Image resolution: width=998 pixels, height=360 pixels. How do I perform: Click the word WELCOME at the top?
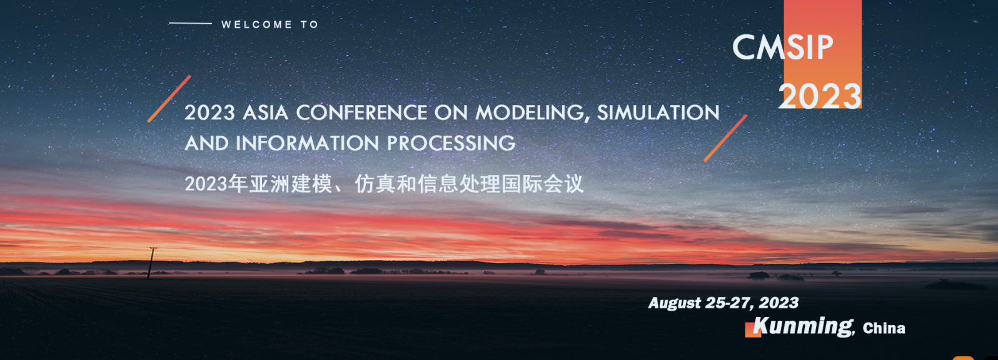point(256,25)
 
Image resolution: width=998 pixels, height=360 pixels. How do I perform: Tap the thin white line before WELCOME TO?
point(190,23)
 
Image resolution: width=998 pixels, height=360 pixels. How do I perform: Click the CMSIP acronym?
point(782,47)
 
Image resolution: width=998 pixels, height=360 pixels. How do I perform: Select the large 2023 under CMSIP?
point(820,96)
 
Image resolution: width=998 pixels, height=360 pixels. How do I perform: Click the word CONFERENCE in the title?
point(361,112)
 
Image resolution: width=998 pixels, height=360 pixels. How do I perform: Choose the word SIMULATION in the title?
point(658,112)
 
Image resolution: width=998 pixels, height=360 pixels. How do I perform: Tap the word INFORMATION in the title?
point(307,144)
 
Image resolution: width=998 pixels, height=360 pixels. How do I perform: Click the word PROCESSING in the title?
point(451,144)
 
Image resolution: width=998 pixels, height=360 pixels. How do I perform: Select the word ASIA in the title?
point(265,112)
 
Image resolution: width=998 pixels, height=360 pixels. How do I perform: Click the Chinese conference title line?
point(384,184)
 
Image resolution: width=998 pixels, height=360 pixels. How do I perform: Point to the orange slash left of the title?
point(169,99)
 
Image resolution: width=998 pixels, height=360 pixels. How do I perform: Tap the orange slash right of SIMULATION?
point(725,138)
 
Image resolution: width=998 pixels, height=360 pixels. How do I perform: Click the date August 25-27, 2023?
point(723,303)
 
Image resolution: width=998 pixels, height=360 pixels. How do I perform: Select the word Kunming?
point(803,326)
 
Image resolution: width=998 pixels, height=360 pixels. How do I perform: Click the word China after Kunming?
point(884,328)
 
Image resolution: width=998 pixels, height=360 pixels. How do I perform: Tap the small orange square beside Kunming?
point(753,330)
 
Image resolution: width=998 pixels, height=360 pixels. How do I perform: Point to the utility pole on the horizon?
point(151,263)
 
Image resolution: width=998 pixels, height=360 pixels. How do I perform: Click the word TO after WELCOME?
point(309,25)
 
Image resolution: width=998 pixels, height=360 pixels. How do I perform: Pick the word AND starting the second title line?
point(206,144)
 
